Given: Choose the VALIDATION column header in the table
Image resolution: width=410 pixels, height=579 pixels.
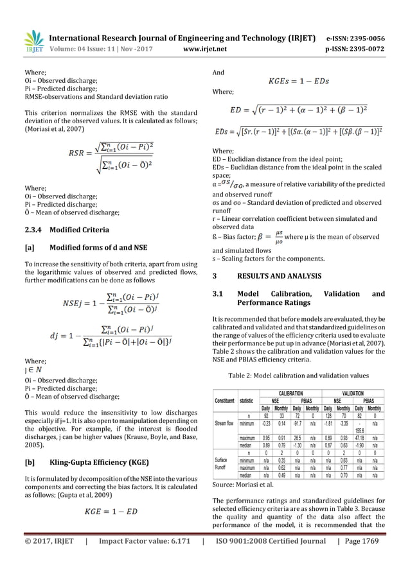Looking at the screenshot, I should [353, 392].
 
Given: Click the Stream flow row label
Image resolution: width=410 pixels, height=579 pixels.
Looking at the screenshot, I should [225, 424].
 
